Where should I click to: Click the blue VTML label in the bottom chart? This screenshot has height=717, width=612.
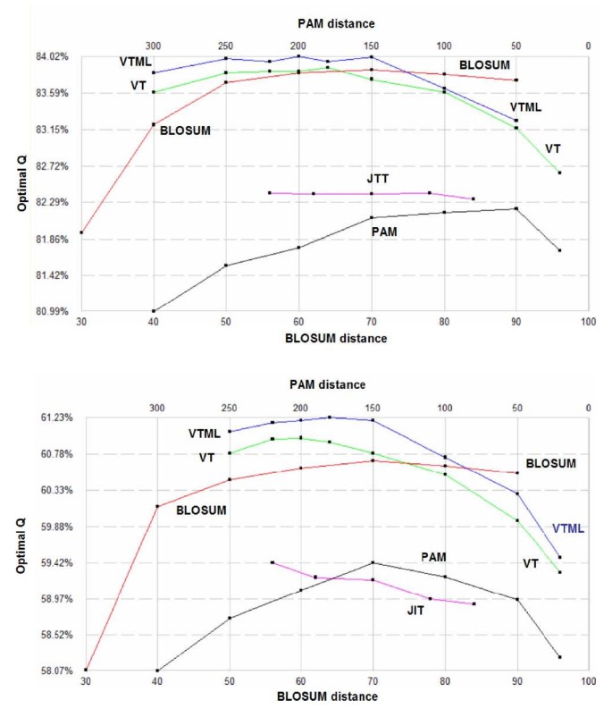click(x=568, y=528)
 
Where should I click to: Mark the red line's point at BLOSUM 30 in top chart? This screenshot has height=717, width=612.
click(x=81, y=232)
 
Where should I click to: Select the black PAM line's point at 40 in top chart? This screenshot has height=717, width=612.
click(x=154, y=311)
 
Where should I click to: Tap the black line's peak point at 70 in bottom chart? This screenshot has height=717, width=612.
click(x=373, y=562)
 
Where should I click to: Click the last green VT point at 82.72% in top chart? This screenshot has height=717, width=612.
click(x=559, y=173)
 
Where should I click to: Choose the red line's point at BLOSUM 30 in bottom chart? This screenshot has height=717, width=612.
click(x=86, y=670)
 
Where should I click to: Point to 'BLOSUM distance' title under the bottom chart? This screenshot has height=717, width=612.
click(x=331, y=696)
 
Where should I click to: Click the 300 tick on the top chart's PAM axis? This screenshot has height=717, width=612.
click(x=154, y=44)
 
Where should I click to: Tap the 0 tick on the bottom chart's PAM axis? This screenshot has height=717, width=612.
click(x=588, y=407)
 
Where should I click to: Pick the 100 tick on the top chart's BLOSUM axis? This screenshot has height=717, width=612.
click(x=587, y=322)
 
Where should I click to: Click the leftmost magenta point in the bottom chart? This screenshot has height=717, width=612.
click(x=272, y=562)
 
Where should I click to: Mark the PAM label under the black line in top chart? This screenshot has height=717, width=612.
click(x=383, y=231)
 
